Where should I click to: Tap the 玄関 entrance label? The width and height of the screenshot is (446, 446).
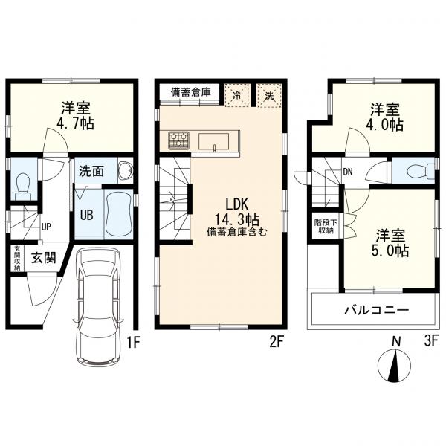tap(44, 258)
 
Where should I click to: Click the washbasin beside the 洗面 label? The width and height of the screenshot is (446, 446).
tap(125, 171)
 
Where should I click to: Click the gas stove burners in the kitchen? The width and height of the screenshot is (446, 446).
tap(178, 140)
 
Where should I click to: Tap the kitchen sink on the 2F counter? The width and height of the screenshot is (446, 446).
tap(213, 141)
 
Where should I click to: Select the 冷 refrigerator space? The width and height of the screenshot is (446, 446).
tap(237, 95)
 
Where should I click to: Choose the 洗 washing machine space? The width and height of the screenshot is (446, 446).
tap(269, 95)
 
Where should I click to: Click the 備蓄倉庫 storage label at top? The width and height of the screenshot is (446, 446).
tap(190, 92)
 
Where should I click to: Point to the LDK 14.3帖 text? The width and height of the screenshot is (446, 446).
tap(236, 212)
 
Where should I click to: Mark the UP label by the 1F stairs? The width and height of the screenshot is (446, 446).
tap(46, 227)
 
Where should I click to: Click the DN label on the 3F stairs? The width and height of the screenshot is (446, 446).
tap(348, 172)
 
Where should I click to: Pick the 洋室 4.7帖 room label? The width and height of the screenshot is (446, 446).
tap(75, 115)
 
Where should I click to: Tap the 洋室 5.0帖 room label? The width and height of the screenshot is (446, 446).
tap(390, 242)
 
